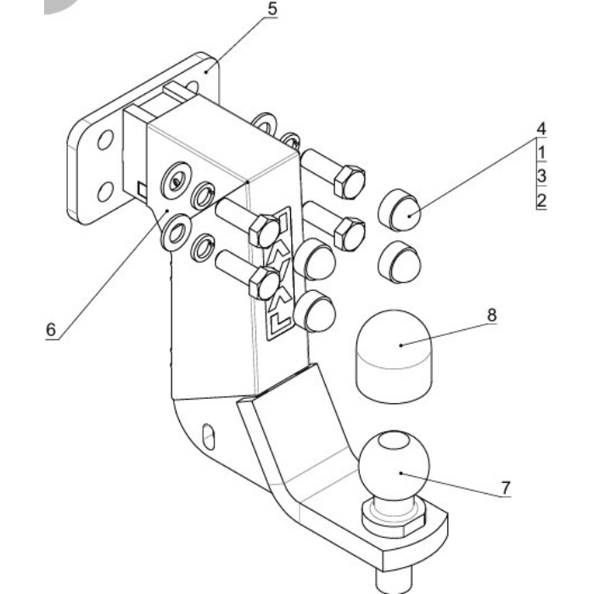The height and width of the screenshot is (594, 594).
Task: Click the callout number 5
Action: click(272, 9)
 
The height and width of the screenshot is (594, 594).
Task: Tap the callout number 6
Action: click(51, 329)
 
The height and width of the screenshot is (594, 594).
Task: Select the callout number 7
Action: click(506, 488)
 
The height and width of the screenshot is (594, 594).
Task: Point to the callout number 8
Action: click(491, 315)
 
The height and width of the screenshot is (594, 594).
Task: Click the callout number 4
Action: click(541, 129)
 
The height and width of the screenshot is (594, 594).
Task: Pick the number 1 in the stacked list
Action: click(541, 152)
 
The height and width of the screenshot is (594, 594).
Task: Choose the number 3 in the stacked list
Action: click(541, 177)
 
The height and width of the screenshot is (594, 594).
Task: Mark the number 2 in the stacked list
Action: click(541, 200)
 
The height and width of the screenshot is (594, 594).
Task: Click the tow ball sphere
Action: click(394, 465)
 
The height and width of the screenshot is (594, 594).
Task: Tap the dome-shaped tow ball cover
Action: click(394, 356)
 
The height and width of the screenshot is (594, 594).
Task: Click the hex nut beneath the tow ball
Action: click(394, 519)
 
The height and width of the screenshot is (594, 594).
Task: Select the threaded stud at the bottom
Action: click(393, 580)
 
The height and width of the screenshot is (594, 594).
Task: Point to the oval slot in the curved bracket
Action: click(209, 436)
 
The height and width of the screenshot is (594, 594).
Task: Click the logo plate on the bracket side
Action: click(279, 273)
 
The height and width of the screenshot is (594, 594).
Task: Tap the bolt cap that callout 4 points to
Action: click(400, 210)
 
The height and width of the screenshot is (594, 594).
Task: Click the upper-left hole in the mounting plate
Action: click(105, 140)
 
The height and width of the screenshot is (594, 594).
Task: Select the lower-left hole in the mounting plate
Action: click(106, 192)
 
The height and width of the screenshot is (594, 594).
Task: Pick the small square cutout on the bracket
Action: click(142, 189)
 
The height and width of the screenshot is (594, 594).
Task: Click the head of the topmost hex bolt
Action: click(350, 182)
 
